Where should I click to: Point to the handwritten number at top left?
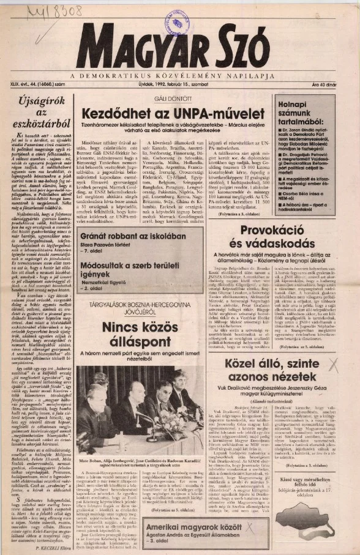48,10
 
